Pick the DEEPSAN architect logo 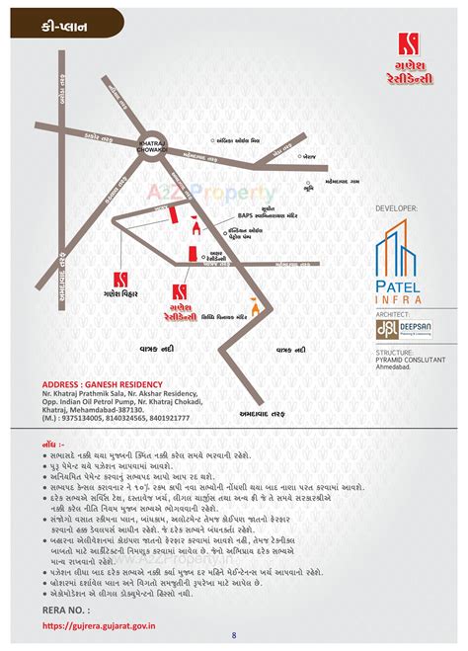point(400,329)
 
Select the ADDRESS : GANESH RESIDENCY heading point(101,383)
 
